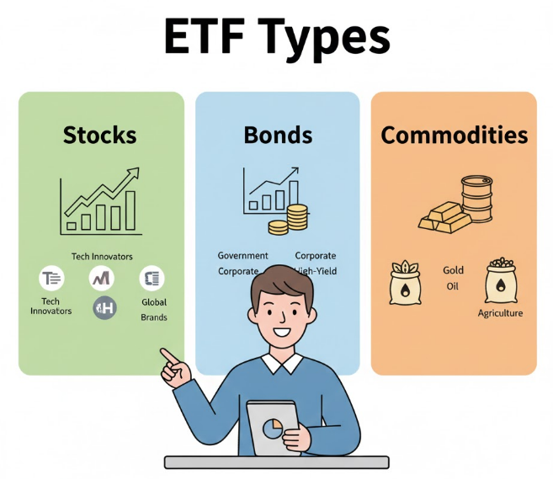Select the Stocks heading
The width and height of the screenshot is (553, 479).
click(x=99, y=135)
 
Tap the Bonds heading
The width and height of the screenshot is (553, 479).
click(x=278, y=135)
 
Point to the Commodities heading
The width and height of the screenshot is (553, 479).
click(x=455, y=135)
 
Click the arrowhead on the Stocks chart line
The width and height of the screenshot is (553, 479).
click(x=132, y=173)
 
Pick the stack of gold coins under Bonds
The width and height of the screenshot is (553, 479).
click(x=295, y=218)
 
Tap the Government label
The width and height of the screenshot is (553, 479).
click(x=242, y=255)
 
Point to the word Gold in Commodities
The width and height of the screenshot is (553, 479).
click(x=453, y=270)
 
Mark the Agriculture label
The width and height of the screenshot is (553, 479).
click(x=500, y=313)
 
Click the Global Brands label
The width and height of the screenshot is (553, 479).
click(x=154, y=310)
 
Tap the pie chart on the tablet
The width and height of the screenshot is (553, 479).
click(x=272, y=428)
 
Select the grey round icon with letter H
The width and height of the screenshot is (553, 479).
click(x=104, y=308)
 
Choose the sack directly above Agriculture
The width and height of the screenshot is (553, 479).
click(x=500, y=281)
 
